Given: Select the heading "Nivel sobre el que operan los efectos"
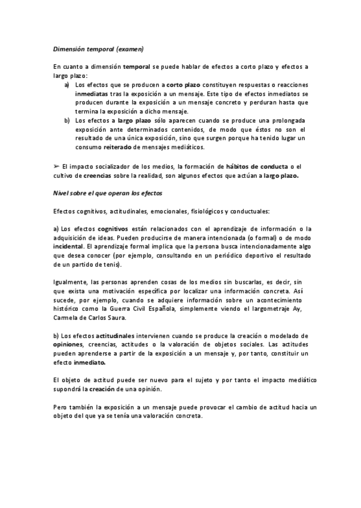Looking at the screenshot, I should pyautogui.click(x=108, y=193).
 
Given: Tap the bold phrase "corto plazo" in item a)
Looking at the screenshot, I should pyautogui.click(x=183, y=85).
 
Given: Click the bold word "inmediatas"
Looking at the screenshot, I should pyautogui.click(x=92, y=94).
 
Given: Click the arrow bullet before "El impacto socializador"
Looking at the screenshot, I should pyautogui.click(x=56, y=167).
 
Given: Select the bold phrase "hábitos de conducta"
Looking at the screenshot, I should pyautogui.click(x=257, y=167).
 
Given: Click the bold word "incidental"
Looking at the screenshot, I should pyautogui.click(x=68, y=246).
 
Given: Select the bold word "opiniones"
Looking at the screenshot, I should pyautogui.click(x=68, y=344).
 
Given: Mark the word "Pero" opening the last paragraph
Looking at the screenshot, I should pyautogui.click(x=60, y=407).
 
